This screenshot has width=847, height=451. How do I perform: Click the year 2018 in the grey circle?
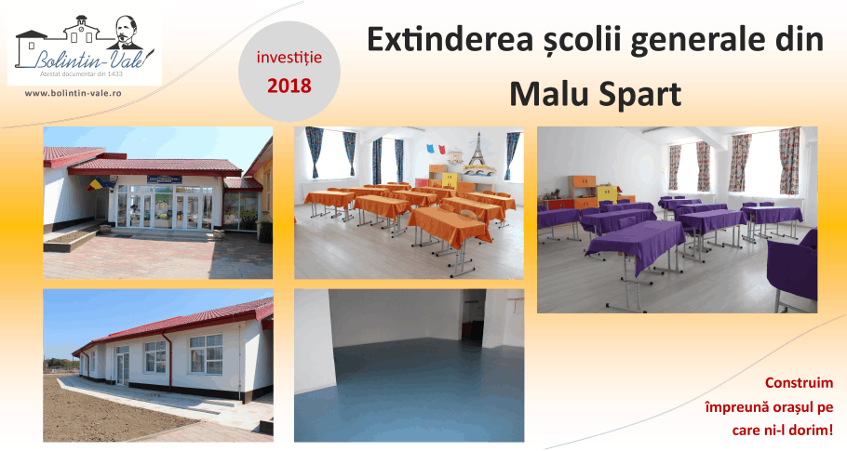click(x=289, y=86)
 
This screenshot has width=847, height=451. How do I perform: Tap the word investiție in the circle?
click(x=289, y=58)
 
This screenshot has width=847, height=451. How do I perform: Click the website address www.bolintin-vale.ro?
click(x=73, y=93)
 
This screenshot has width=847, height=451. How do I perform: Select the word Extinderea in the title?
click(x=450, y=39)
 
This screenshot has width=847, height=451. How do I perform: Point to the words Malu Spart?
click(x=596, y=94)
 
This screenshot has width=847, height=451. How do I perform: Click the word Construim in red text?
click(x=799, y=383)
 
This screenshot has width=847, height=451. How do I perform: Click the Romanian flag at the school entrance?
click(x=96, y=184)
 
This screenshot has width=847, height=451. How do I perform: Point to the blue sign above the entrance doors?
click(x=164, y=179)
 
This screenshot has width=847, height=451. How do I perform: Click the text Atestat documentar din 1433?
click(x=82, y=73)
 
